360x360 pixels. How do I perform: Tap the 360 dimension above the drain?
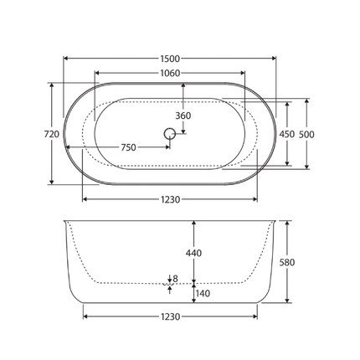tap(182, 115)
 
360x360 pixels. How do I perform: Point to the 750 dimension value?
tap(128, 147)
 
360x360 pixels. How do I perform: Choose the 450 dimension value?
tap(286, 134)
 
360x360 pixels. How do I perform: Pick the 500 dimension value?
tap(307, 134)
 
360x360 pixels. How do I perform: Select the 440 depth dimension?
tap(193, 252)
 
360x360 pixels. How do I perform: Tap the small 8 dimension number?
tap(175, 279)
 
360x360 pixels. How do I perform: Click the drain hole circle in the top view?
tap(170, 132)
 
